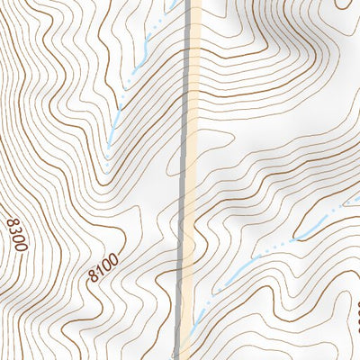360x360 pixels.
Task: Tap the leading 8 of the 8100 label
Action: (x=94, y=278)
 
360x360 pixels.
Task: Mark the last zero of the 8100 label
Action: (x=114, y=258)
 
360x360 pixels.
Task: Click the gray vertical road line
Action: (x=187, y=180)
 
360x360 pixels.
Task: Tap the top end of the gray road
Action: (x=191, y=2)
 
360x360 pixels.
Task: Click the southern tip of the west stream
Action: (x=105, y=148)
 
